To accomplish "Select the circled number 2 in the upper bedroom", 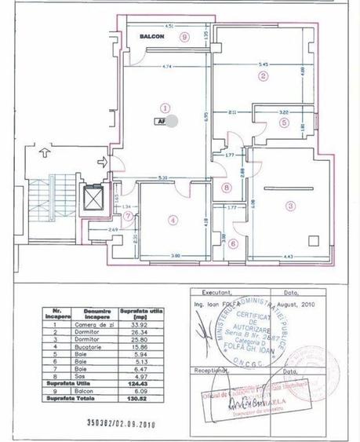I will coord(264,76).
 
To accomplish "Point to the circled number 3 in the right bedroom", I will coord(290,206).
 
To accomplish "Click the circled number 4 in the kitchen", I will coord(173,221).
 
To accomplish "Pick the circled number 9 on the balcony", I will coord(184,36).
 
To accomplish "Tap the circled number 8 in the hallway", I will coord(226,188).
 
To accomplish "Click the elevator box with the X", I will coord(94,199).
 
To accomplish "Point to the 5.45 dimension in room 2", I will coord(264,64).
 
